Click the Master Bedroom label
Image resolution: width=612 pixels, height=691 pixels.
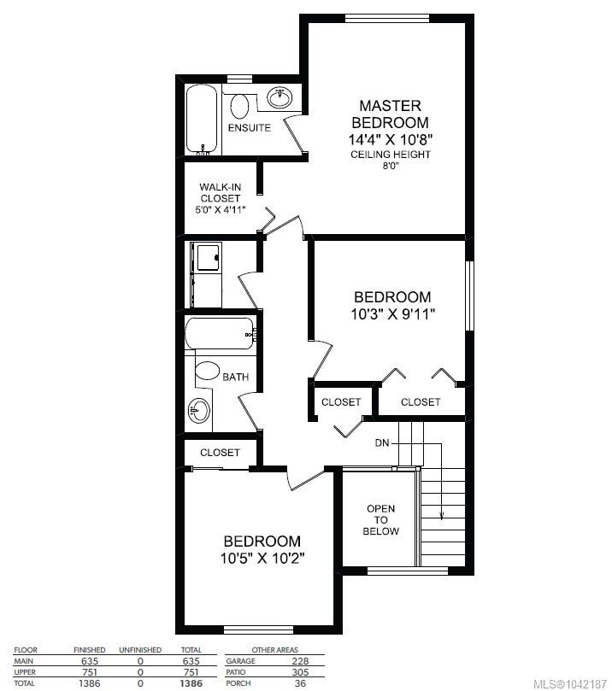click(391, 114)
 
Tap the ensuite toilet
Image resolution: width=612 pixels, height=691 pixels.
click(239, 106)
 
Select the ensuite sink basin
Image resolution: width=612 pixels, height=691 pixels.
click(280, 97)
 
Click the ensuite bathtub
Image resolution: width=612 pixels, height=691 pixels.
click(202, 120)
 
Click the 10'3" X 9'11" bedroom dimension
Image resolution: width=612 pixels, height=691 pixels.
click(393, 314)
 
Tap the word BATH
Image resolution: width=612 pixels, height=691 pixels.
click(235, 378)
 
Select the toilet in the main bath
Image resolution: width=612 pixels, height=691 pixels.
click(207, 371)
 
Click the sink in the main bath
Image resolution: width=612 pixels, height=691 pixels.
click(199, 411)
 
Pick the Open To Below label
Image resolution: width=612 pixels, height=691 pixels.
click(380, 520)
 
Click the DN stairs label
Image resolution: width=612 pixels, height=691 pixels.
click(382, 443)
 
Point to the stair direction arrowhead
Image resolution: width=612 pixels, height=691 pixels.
click(441, 515)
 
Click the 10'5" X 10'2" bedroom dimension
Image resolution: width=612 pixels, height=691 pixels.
click(262, 559)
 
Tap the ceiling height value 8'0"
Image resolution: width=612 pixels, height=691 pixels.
click(391, 167)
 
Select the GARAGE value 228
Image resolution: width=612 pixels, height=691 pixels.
click(300, 661)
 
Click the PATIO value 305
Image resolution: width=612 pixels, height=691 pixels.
click(300, 672)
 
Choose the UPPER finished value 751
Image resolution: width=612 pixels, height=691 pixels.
click(89, 672)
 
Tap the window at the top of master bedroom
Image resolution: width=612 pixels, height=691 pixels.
click(386, 18)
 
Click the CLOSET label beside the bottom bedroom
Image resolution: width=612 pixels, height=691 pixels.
click(220, 453)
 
